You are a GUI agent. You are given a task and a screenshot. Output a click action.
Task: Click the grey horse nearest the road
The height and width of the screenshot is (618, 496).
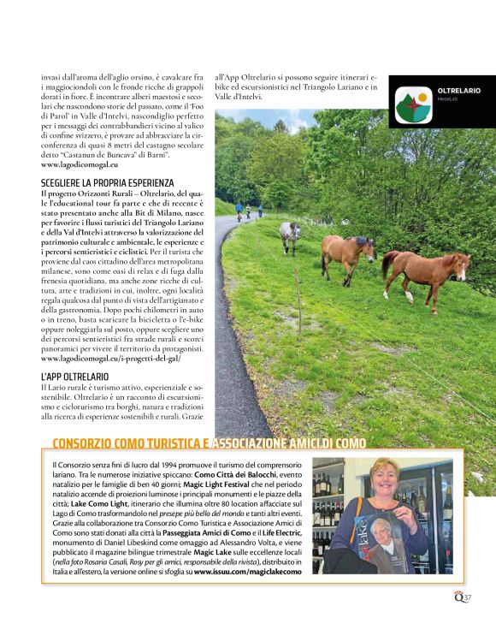click(291, 235)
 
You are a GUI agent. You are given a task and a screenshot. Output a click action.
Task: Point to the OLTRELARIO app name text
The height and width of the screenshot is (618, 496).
click(459, 91)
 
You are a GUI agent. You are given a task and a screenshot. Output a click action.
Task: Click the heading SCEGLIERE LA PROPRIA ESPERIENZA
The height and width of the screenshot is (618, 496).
click(107, 183)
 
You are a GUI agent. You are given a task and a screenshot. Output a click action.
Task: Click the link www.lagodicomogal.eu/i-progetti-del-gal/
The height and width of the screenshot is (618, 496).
click(110, 360)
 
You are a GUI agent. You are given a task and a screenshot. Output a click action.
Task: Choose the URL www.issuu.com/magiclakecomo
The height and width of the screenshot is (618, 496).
click(248, 571)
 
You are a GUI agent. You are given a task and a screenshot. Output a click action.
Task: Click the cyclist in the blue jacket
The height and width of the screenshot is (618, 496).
click(239, 209)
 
